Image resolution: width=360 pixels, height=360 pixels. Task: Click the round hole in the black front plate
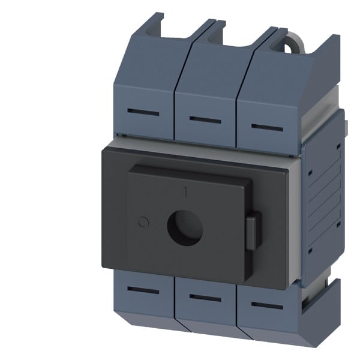click(184, 227)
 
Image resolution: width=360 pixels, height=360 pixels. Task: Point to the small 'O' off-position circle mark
click(142, 223)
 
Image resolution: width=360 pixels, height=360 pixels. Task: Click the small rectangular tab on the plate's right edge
click(253, 231)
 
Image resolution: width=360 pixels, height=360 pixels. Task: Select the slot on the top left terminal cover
click(144, 113)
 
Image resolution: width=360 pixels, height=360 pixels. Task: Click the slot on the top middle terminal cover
click(205, 119)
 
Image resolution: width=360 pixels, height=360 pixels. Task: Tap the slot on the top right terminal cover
click(267, 127)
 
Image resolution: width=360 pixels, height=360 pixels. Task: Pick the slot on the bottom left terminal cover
click(143, 291)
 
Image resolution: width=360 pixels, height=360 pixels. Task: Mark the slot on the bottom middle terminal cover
click(205, 298)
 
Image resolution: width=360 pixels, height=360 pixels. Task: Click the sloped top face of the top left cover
click(150, 66)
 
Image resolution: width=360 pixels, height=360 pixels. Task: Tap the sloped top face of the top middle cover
click(210, 72)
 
